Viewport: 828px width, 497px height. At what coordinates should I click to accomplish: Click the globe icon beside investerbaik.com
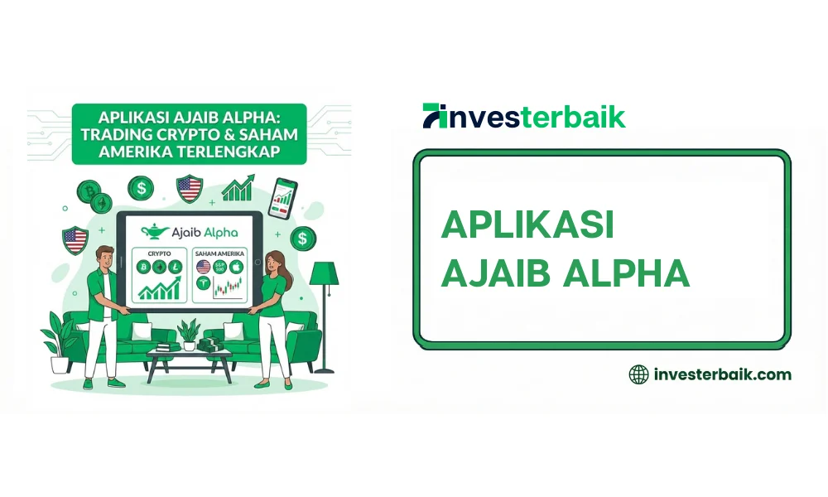[639, 374]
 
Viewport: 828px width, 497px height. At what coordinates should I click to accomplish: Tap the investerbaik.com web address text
[722, 374]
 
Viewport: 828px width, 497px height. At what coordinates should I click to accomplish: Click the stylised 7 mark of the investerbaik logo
[433, 115]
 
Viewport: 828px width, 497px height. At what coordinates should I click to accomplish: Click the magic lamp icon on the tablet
[155, 231]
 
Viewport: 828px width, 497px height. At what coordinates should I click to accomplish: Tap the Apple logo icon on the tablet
[234, 267]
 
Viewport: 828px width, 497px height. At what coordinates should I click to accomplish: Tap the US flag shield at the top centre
[190, 190]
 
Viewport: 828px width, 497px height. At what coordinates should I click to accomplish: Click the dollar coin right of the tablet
[303, 239]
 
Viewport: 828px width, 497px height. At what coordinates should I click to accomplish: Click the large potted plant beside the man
[60, 335]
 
